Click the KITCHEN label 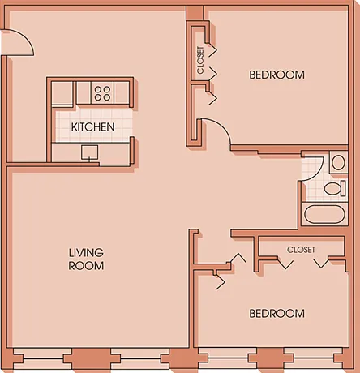(92, 126)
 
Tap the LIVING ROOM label (86, 259)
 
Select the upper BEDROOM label (276, 75)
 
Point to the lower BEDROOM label (276, 314)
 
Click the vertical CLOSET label (200, 60)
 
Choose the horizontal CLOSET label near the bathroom (301, 250)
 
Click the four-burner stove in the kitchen (102, 93)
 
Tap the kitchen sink (90, 152)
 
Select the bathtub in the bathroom (324, 215)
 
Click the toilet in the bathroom (336, 188)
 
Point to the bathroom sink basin (338, 163)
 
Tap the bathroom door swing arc (319, 171)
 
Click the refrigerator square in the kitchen (62, 93)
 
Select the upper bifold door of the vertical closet (212, 53)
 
